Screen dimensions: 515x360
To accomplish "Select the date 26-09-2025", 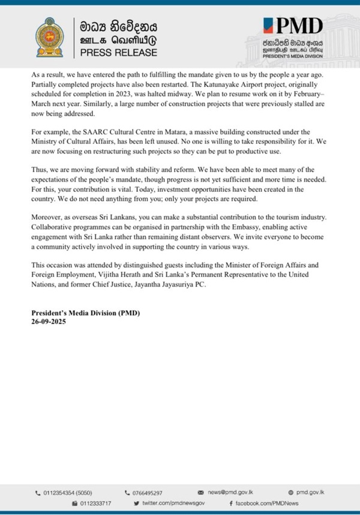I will pyautogui.click(x=48, y=321).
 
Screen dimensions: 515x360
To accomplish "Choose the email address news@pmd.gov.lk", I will pyautogui.click(x=235, y=492).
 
